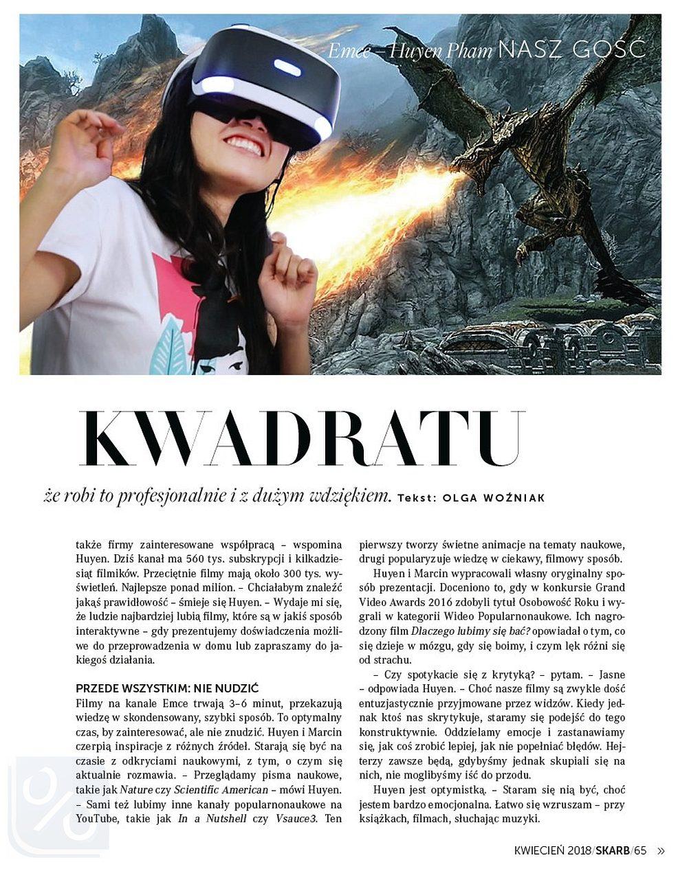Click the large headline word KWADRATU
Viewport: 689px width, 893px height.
(301, 440)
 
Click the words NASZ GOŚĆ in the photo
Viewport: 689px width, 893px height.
(571, 50)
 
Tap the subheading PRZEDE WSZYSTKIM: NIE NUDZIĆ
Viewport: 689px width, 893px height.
(166, 688)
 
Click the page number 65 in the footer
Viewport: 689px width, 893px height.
(640, 850)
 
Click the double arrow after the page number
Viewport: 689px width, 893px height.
(661, 850)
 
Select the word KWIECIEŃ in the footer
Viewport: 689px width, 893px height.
(540, 850)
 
